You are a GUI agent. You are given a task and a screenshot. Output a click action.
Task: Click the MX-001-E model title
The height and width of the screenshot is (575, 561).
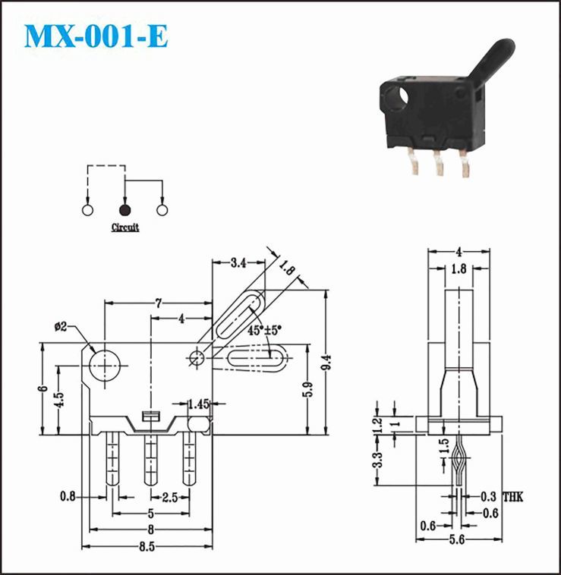coord(96,36)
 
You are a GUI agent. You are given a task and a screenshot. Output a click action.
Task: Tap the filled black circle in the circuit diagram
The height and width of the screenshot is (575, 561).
coord(124,210)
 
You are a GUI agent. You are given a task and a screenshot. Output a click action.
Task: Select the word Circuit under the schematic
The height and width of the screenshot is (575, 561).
coord(125,228)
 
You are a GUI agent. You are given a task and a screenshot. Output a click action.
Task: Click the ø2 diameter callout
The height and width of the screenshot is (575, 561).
coord(61,326)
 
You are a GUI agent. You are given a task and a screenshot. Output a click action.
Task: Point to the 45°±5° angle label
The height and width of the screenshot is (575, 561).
coord(264,330)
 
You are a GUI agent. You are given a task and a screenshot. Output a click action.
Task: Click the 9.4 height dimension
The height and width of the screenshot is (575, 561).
coord(326,363)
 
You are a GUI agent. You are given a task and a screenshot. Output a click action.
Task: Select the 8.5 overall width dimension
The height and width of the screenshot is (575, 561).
coord(147,547)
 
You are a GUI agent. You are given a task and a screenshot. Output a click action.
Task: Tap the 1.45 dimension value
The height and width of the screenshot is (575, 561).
coord(198,404)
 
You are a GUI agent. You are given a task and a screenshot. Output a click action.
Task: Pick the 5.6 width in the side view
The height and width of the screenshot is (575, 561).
coord(457,539)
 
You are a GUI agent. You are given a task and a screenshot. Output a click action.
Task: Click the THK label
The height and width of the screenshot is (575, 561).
coord(512,498)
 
